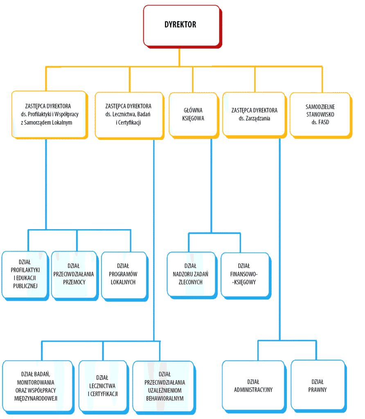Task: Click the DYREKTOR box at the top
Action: click(182, 26)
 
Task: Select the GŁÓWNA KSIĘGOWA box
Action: click(194, 115)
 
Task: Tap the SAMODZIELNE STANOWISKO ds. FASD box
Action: click(320, 115)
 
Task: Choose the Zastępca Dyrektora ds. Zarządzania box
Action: click(254, 115)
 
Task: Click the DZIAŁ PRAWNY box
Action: click(318, 386)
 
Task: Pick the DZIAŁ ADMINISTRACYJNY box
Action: click(254, 386)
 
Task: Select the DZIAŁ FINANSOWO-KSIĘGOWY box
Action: click(246, 275)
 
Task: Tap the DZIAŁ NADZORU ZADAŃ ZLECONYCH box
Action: click(192, 275)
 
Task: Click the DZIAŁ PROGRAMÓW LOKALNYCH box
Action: click(124, 276)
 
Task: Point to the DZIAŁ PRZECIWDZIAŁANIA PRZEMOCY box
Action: click(74, 275)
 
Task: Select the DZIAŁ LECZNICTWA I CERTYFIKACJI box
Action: click(104, 387)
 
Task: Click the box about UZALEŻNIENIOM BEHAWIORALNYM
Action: click(164, 387)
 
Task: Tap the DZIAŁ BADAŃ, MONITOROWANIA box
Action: click(38, 387)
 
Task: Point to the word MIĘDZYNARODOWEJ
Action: click(36, 399)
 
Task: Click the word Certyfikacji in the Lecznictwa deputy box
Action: click(129, 123)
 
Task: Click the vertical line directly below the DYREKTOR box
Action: click(179, 57)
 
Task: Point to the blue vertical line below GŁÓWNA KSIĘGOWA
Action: click(211, 186)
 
